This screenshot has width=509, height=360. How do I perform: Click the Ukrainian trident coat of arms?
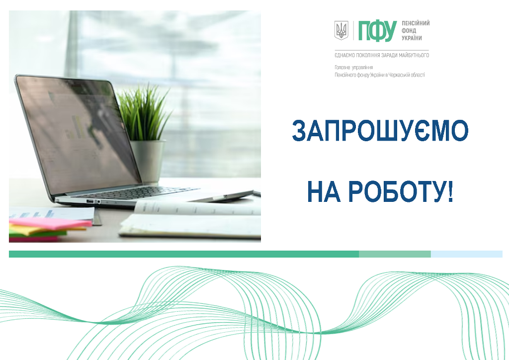pyautogui.click(x=341, y=30)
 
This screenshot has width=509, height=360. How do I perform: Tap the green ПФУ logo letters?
pyautogui.click(x=377, y=31)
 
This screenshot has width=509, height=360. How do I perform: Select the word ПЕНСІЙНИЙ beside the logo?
pyautogui.click(x=416, y=23)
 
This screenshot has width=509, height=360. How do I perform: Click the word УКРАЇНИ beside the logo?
pyautogui.click(x=412, y=38)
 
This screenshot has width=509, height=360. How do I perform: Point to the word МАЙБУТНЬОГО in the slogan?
pyautogui.click(x=414, y=56)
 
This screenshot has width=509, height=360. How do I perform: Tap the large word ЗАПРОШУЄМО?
pyautogui.click(x=380, y=130)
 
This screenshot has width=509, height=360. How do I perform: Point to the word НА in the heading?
pyautogui.click(x=324, y=191)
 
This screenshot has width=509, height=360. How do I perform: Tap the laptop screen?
pyautogui.click(x=78, y=134)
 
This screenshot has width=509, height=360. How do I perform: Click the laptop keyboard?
pyautogui.click(x=136, y=192)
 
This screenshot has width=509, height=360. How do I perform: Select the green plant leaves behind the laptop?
pyautogui.click(x=144, y=112)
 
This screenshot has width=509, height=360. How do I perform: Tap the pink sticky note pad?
pyautogui.click(x=50, y=223)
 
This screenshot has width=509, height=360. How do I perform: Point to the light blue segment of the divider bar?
pyautogui.click(x=466, y=254)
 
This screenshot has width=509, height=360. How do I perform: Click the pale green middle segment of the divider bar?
pyautogui.click(x=395, y=254)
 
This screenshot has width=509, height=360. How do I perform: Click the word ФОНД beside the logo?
pyautogui.click(x=409, y=30)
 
